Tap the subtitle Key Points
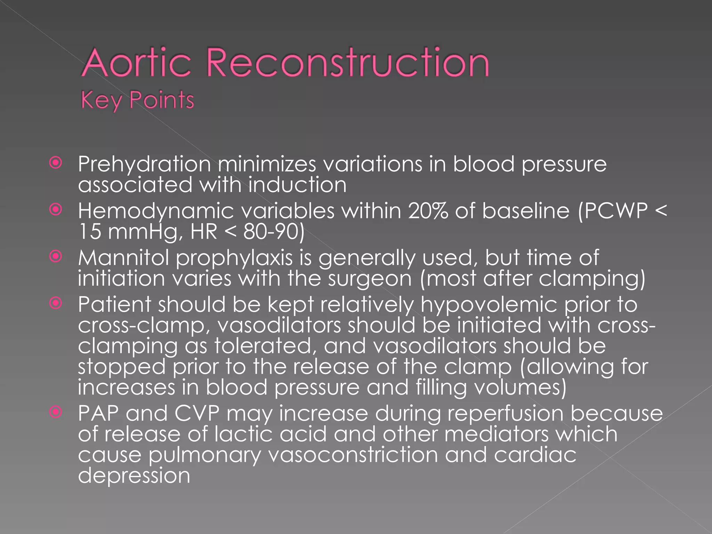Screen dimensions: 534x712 (137, 100)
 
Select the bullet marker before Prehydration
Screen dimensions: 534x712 (56, 163)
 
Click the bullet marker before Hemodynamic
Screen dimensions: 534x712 (56, 210)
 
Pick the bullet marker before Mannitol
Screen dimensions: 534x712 (56, 257)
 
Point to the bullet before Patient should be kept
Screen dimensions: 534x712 (56, 303)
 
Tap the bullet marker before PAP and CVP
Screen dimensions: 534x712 (56, 412)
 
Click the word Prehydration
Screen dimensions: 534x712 (144, 164)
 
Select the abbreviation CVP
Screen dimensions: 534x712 (197, 413)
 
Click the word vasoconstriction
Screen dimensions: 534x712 (353, 455)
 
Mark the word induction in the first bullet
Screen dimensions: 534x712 (297, 185)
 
